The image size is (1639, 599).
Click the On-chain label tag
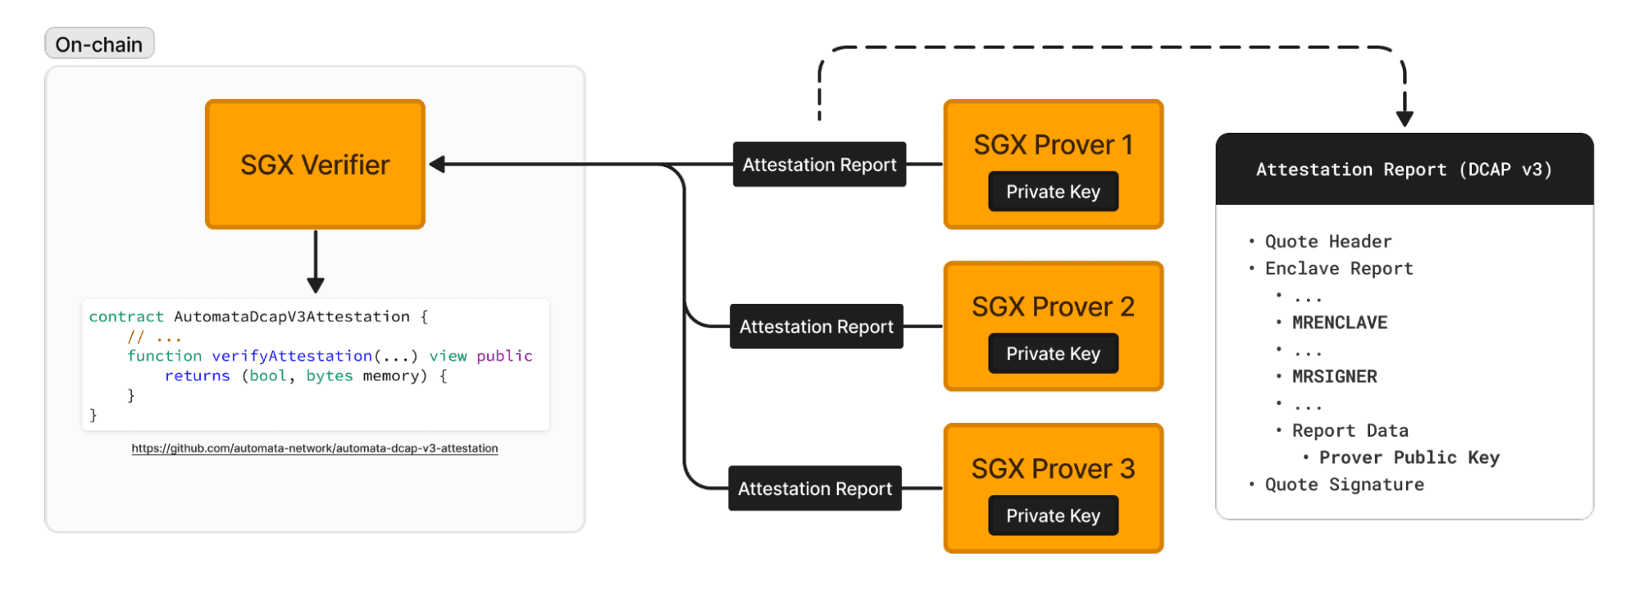coord(99,44)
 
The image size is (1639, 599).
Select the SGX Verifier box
coord(315,165)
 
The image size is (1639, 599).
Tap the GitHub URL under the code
coord(315,448)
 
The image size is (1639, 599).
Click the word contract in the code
coord(126,317)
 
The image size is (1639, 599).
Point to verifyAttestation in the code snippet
coord(292,356)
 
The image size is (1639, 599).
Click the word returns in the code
coord(198,376)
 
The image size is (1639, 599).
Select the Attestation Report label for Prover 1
coord(819,165)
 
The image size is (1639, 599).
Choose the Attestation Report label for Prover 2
coord(816,327)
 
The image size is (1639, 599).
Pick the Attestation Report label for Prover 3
coord(814,489)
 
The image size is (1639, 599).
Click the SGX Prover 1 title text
coord(1053,145)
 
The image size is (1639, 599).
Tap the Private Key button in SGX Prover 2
coord(1053,354)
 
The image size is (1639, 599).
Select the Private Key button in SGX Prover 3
coord(1053,516)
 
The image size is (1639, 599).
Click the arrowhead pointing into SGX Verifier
coord(438,165)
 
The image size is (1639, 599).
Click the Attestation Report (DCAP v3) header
coord(1404,170)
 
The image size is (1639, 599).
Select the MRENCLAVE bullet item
coord(1339,323)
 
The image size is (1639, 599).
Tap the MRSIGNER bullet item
coord(1334,377)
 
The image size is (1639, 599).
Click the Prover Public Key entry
coord(1409,458)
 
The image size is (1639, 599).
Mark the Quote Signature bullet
coord(1344,485)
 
